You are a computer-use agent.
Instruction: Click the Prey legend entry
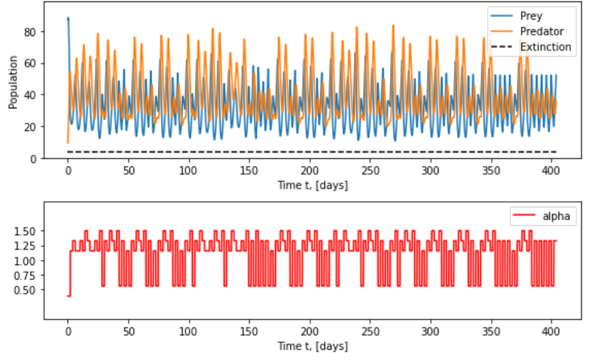click(x=530, y=16)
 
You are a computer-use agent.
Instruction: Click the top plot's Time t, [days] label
click(x=313, y=185)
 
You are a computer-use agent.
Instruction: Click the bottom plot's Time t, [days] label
click(x=313, y=346)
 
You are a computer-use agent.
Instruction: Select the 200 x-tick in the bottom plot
click(x=310, y=331)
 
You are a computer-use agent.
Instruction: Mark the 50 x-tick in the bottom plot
click(x=128, y=331)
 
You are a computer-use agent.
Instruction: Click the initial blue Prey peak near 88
click(x=68, y=18)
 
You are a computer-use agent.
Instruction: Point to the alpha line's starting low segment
click(x=69, y=296)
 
